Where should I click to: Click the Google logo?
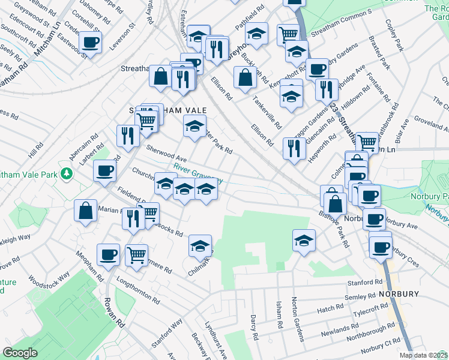(20, 353)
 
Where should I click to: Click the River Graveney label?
(199, 174)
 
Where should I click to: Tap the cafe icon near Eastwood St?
(90, 42)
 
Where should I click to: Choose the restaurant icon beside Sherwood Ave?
(126, 136)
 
